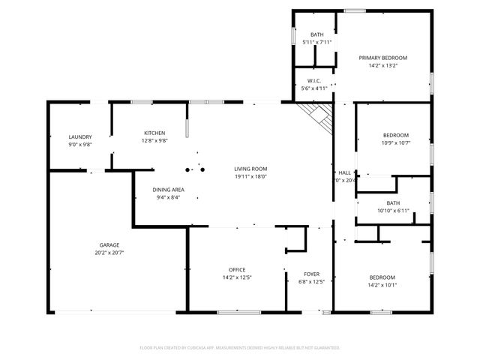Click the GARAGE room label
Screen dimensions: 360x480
109,244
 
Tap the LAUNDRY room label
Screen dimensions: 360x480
79,136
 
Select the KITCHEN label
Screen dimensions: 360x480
154,133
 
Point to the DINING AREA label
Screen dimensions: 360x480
169,190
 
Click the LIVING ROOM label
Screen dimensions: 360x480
250,169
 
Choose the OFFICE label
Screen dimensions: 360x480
237,269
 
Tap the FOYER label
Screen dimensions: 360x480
312,274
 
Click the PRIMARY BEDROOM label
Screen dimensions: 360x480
382,58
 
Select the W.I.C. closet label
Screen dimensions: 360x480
315,80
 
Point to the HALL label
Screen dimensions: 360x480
345,172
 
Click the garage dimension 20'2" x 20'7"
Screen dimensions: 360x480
109,253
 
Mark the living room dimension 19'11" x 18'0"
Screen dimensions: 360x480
250,178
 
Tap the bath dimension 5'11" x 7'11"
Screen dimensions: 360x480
316,42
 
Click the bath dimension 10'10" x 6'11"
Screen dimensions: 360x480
394,211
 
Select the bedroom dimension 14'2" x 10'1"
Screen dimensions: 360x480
382,285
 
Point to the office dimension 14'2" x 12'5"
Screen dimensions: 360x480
237,278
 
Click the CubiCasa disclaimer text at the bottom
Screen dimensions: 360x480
240,348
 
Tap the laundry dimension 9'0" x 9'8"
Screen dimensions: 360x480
79,144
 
